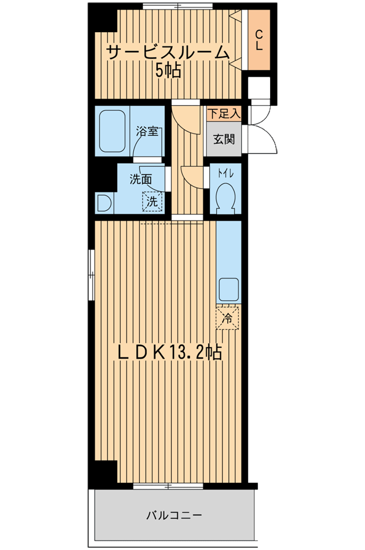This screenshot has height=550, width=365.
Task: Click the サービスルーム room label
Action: click(x=168, y=53)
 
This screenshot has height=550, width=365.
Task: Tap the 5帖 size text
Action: click(x=168, y=71)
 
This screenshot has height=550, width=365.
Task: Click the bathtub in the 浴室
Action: click(x=113, y=132)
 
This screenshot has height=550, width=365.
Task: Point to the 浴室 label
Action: click(x=147, y=132)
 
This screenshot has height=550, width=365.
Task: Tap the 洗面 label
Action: click(x=141, y=179)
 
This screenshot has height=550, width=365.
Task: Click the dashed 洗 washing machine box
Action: click(x=152, y=202)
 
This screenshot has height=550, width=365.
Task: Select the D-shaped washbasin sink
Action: click(x=104, y=203)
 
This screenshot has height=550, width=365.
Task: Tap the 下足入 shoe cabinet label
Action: click(x=224, y=113)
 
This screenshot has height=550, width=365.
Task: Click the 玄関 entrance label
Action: click(x=224, y=139)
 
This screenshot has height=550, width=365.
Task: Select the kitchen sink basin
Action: click(x=228, y=290)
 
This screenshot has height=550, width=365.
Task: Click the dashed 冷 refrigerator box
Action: click(x=228, y=318)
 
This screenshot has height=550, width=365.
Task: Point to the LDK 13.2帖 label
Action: click(x=169, y=353)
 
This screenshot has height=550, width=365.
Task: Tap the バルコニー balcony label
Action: click(x=174, y=515)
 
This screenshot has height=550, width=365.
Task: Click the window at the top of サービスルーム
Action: click(x=177, y=5)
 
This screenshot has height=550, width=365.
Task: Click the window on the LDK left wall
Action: click(x=92, y=274)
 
